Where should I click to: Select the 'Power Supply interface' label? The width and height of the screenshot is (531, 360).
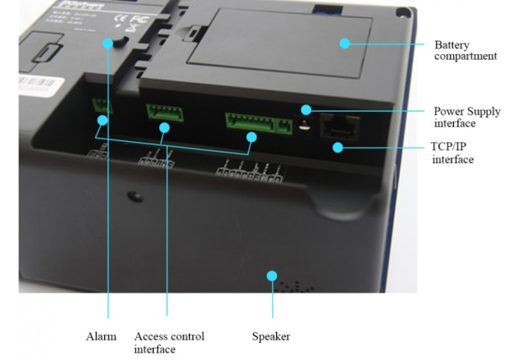click(x=466, y=117)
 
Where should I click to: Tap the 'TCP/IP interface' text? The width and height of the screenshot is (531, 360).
click(x=453, y=153)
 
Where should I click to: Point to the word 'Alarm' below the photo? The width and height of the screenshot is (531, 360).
click(x=102, y=336)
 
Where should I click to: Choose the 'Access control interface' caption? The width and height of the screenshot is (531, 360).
click(x=169, y=343)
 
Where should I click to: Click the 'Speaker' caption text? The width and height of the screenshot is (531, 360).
click(x=271, y=336)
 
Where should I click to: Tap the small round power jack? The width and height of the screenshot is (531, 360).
click(x=306, y=126)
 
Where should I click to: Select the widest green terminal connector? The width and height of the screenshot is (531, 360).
click(x=257, y=124)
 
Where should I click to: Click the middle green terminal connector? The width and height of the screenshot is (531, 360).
click(x=164, y=112)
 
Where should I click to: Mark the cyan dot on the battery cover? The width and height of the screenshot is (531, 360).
click(x=345, y=43)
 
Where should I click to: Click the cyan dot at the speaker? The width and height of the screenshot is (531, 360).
click(x=272, y=277)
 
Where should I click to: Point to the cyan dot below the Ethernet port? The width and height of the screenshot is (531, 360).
click(x=337, y=147)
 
